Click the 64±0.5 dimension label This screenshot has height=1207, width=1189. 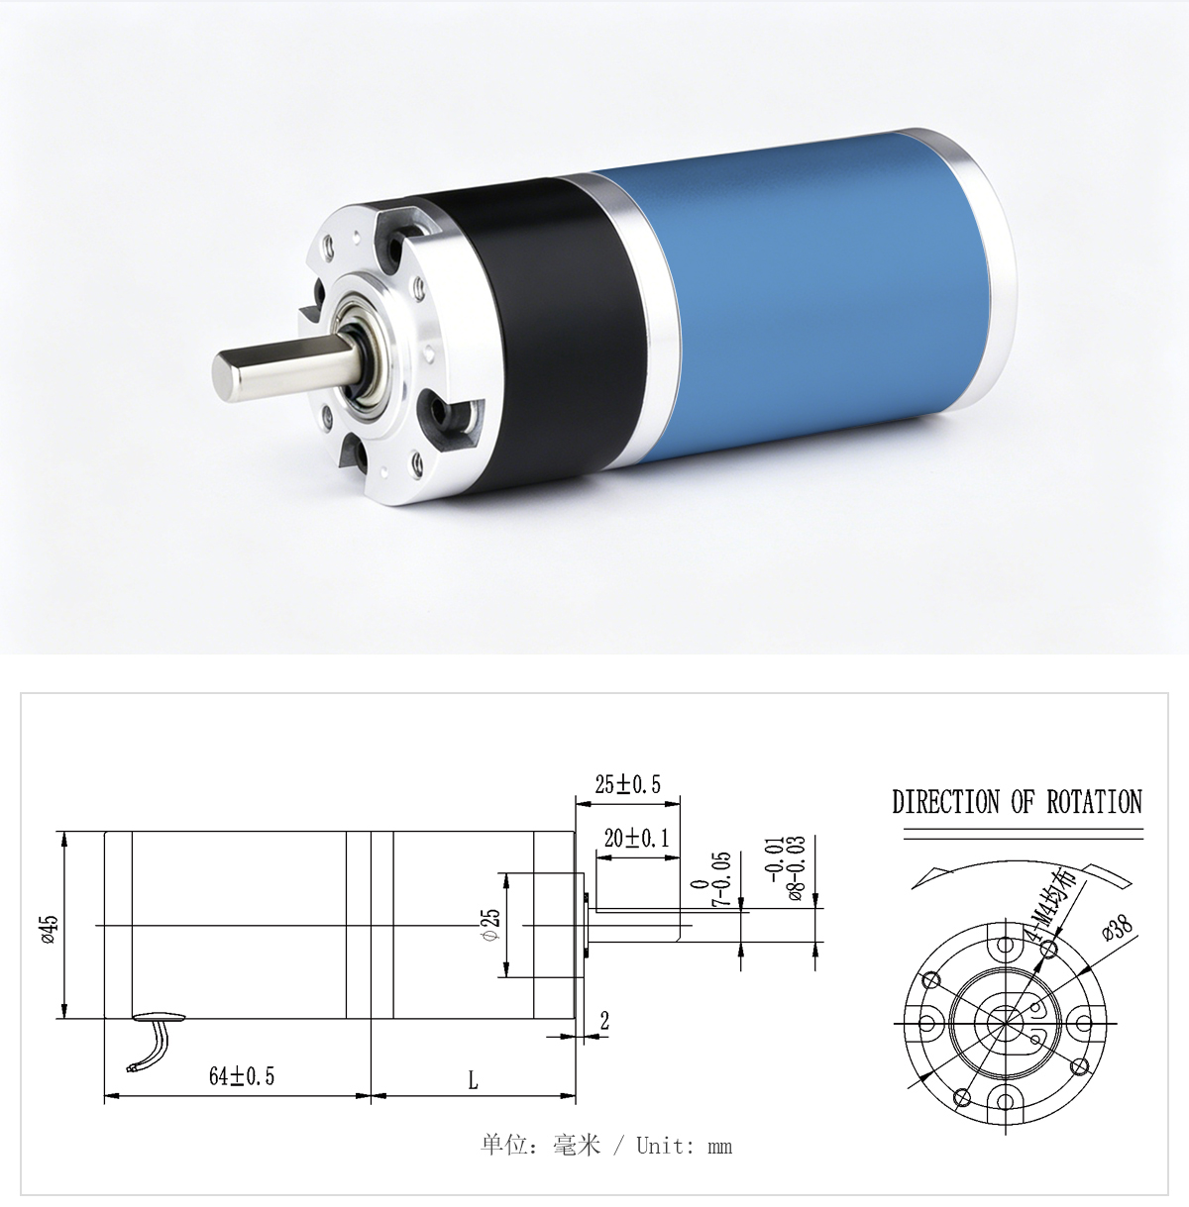(x=242, y=1076)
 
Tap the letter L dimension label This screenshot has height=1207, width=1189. (x=474, y=1080)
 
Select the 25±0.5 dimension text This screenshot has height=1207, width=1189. (x=627, y=784)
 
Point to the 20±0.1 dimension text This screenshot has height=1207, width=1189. (x=636, y=838)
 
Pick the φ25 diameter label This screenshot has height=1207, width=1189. (x=492, y=925)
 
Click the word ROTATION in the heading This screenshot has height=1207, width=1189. (x=1094, y=802)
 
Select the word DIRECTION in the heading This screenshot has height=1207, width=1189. (x=946, y=802)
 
